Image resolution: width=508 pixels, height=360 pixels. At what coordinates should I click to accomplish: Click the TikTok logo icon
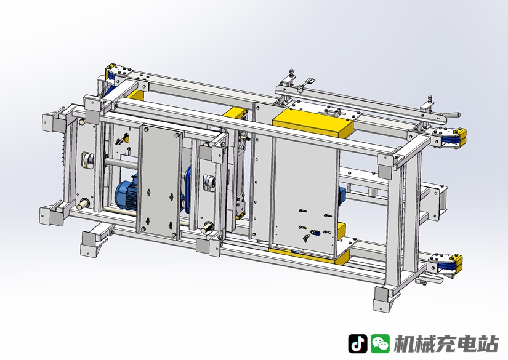pos(358,344)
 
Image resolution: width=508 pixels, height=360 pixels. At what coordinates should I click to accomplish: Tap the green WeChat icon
pos(380,344)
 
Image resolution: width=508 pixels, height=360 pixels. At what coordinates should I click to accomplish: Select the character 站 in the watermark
pos(488,344)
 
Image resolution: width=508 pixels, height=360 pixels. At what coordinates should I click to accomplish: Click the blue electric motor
pos(127,193)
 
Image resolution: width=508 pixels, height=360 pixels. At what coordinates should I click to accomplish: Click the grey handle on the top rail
pos(451,115)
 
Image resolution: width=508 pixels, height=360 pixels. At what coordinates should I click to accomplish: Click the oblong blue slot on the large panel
pos(314,232)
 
